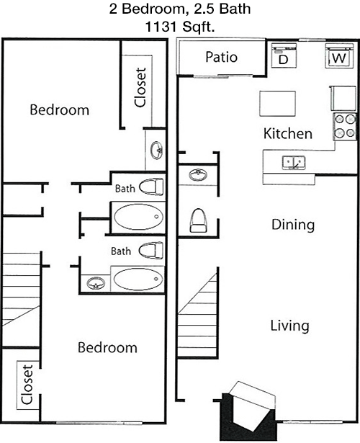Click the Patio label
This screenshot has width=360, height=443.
pos(221,57)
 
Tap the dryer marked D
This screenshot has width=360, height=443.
pos(284,55)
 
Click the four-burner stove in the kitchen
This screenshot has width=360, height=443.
pos(345,126)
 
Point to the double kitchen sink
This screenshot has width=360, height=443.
pos(294,163)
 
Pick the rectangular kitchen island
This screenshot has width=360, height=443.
pos(277,104)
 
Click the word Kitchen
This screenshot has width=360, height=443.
pos(288,134)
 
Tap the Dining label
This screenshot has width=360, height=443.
pos(293,225)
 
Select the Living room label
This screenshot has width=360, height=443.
pos(290,326)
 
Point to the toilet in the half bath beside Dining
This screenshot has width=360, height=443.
pos(198,220)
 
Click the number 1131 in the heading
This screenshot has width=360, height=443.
pos(161,27)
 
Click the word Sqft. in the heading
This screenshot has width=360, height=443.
pos(198,27)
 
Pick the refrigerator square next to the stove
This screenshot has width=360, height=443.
pos(343,98)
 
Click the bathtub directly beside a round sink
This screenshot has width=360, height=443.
pos(138,279)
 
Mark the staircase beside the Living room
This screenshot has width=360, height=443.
pos(198,313)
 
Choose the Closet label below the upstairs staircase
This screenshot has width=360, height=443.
pos(27,385)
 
